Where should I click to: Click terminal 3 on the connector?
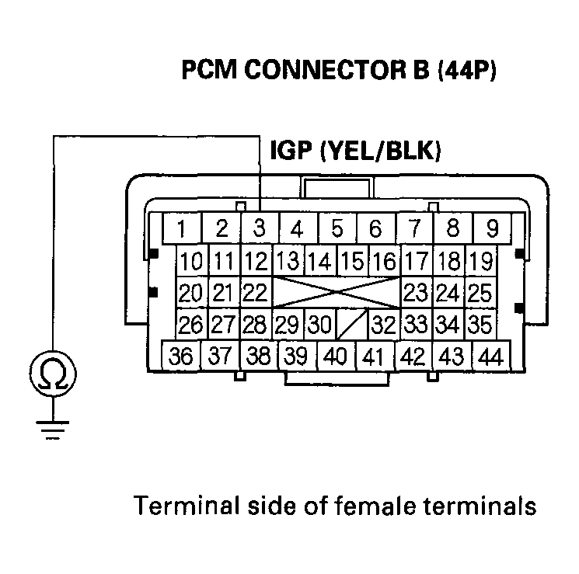259,228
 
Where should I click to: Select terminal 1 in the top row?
181,228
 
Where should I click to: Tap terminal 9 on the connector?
491,228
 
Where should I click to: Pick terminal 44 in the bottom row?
491,357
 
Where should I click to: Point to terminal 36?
181,357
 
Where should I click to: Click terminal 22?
255,293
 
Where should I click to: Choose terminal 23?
417,293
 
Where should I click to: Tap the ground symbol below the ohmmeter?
53,429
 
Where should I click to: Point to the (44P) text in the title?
467,71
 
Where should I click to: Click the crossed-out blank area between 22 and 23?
335,293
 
